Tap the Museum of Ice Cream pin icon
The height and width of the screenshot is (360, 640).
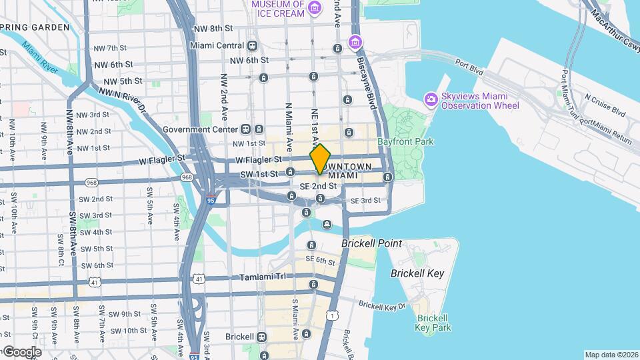click(315, 9)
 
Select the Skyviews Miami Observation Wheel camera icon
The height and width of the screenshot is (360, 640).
click(431, 100)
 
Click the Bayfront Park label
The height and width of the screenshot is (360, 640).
click(405, 141)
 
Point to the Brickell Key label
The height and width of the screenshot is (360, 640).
click(417, 273)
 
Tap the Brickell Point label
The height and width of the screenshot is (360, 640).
click(371, 244)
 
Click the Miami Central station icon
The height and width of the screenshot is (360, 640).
click(252, 45)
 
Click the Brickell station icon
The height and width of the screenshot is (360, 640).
click(262, 336)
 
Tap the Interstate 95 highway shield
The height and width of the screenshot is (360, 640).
click(210, 198)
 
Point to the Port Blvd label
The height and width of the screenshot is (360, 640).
click(469, 64)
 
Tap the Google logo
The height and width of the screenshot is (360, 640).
click(21, 351)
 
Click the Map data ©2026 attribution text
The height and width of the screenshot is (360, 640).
click(611, 355)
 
